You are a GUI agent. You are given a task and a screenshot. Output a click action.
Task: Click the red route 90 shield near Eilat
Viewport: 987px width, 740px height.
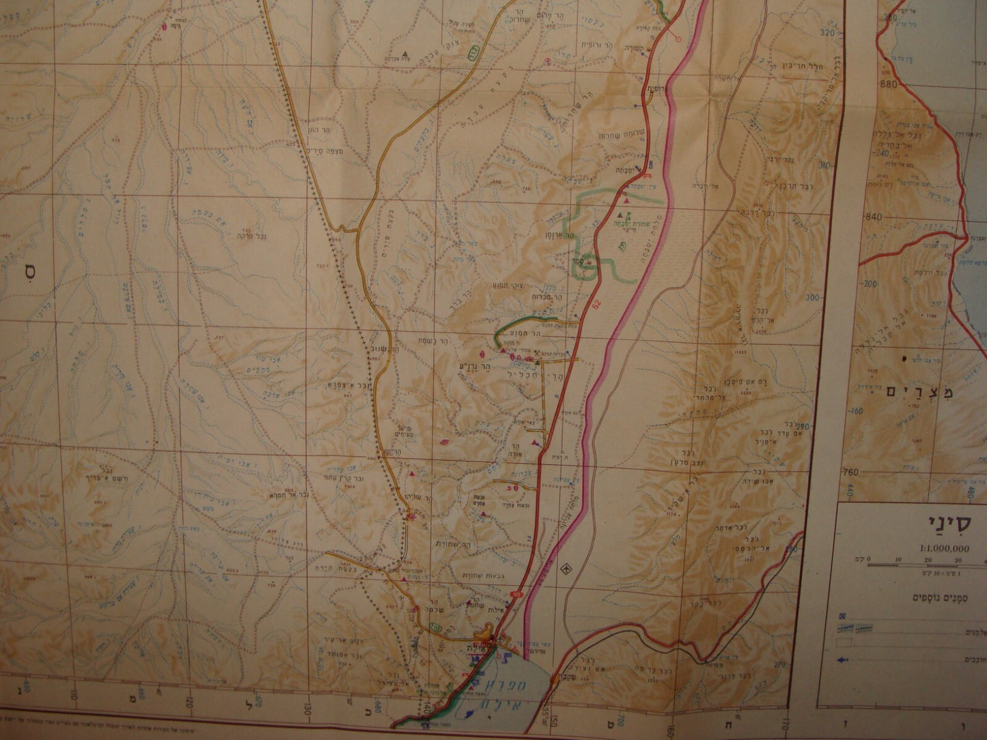click(515, 595)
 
